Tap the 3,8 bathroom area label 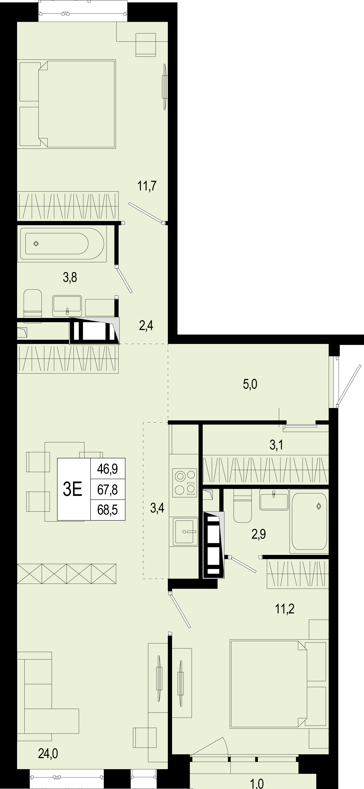click(x=70, y=277)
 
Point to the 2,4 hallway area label click(x=146, y=326)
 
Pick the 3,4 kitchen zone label click(x=157, y=508)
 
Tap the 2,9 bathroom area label click(x=259, y=534)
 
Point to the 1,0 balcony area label click(x=257, y=784)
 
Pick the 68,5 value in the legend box click(x=108, y=510)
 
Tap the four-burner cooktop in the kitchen click(x=185, y=483)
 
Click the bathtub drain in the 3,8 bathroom click(x=36, y=244)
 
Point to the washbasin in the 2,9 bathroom click(x=274, y=499)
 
